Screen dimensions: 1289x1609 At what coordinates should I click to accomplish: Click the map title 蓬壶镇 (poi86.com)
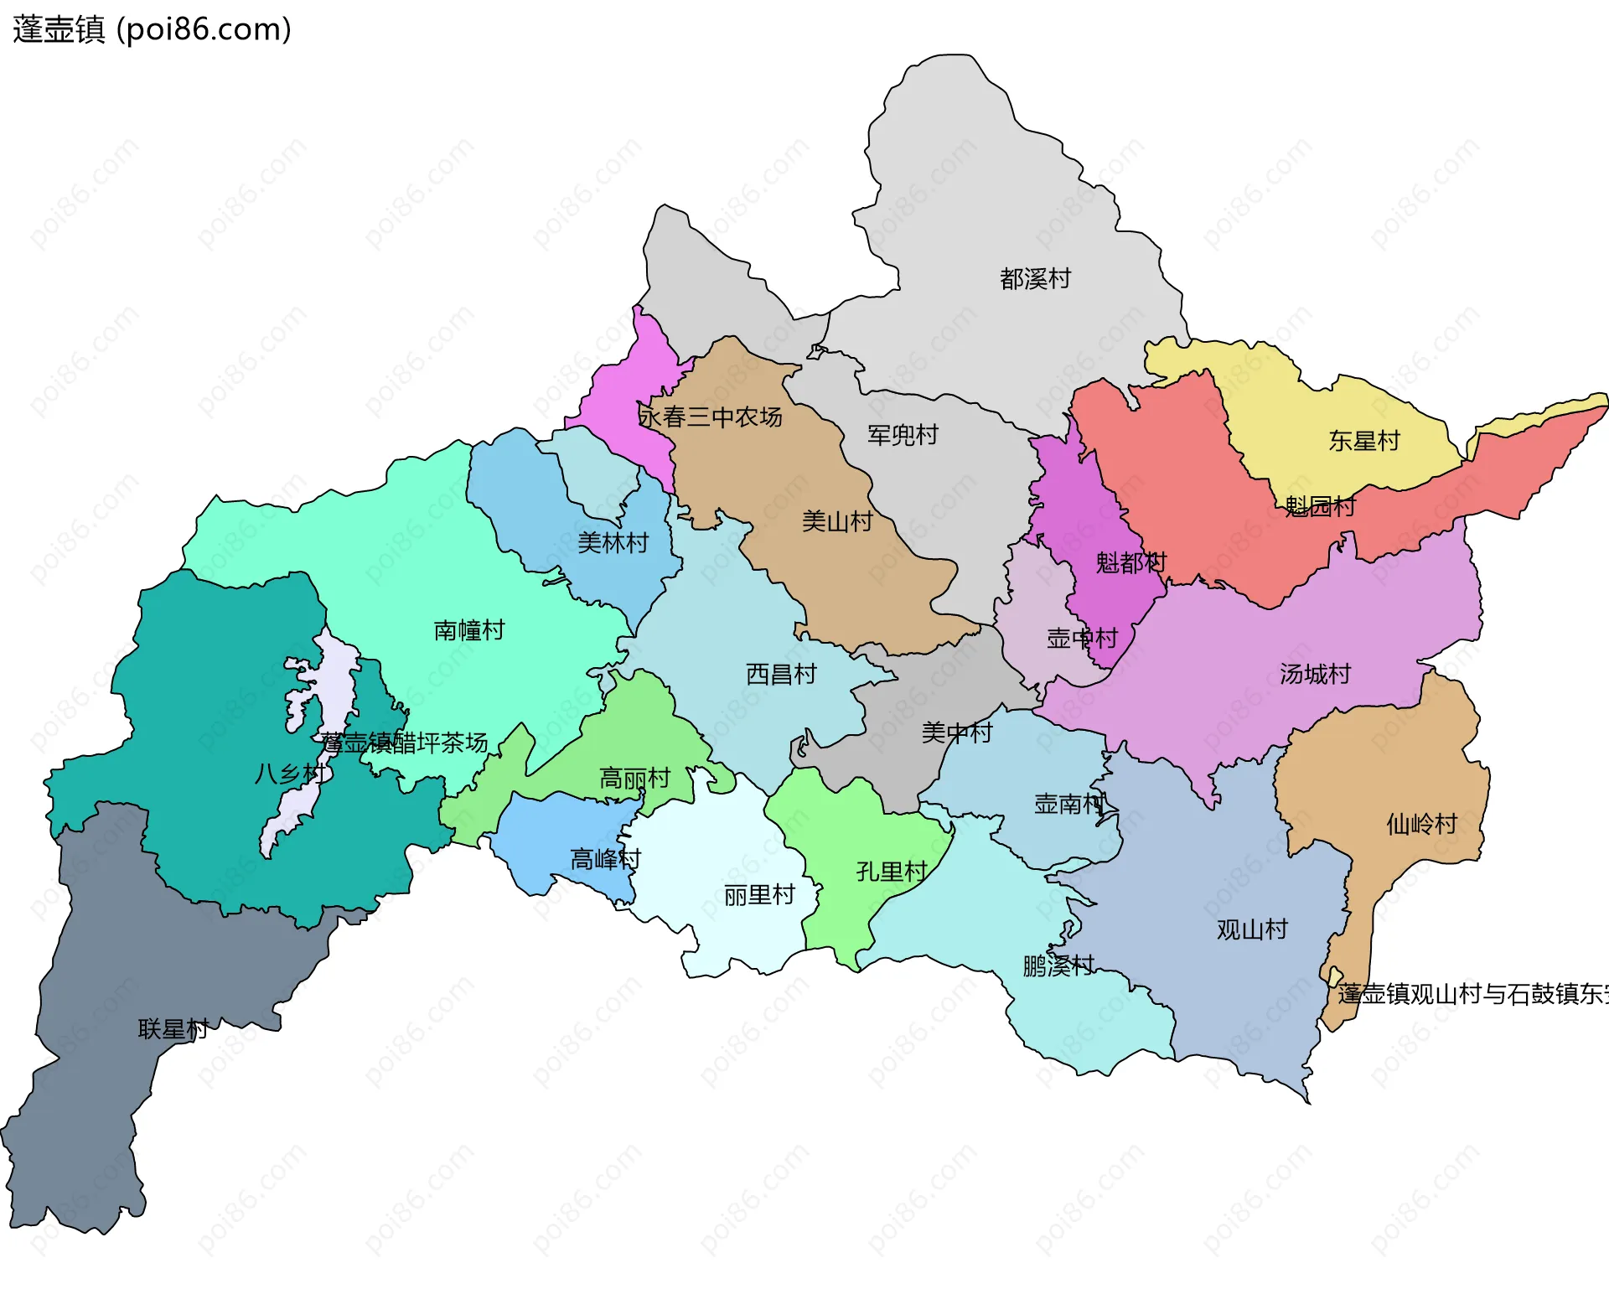[152, 29]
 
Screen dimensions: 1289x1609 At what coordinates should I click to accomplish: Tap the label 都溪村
[1035, 278]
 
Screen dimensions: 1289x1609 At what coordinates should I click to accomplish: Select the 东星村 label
[1363, 441]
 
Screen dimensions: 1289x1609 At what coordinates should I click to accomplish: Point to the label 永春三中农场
[710, 417]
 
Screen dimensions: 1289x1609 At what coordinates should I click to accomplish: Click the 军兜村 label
[903, 435]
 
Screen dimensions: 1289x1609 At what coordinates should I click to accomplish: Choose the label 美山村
[836, 521]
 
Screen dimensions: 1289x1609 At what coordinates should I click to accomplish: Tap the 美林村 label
[613, 543]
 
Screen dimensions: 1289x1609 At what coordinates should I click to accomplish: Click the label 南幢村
[468, 630]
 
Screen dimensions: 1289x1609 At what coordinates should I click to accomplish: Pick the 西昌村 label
[780, 674]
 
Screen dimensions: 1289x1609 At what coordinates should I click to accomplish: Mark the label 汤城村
[1314, 674]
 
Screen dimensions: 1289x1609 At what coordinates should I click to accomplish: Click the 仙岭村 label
[1421, 824]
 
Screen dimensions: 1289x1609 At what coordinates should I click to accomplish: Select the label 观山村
[1251, 929]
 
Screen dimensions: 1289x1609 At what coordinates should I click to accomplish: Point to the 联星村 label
[173, 1029]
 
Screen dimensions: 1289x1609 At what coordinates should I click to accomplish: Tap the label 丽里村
[758, 895]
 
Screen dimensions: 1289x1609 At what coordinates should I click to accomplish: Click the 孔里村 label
[891, 872]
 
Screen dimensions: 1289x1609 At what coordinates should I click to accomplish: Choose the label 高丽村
[634, 779]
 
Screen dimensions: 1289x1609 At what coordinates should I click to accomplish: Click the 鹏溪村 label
[1058, 965]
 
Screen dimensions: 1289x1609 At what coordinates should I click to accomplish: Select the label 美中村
[956, 733]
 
